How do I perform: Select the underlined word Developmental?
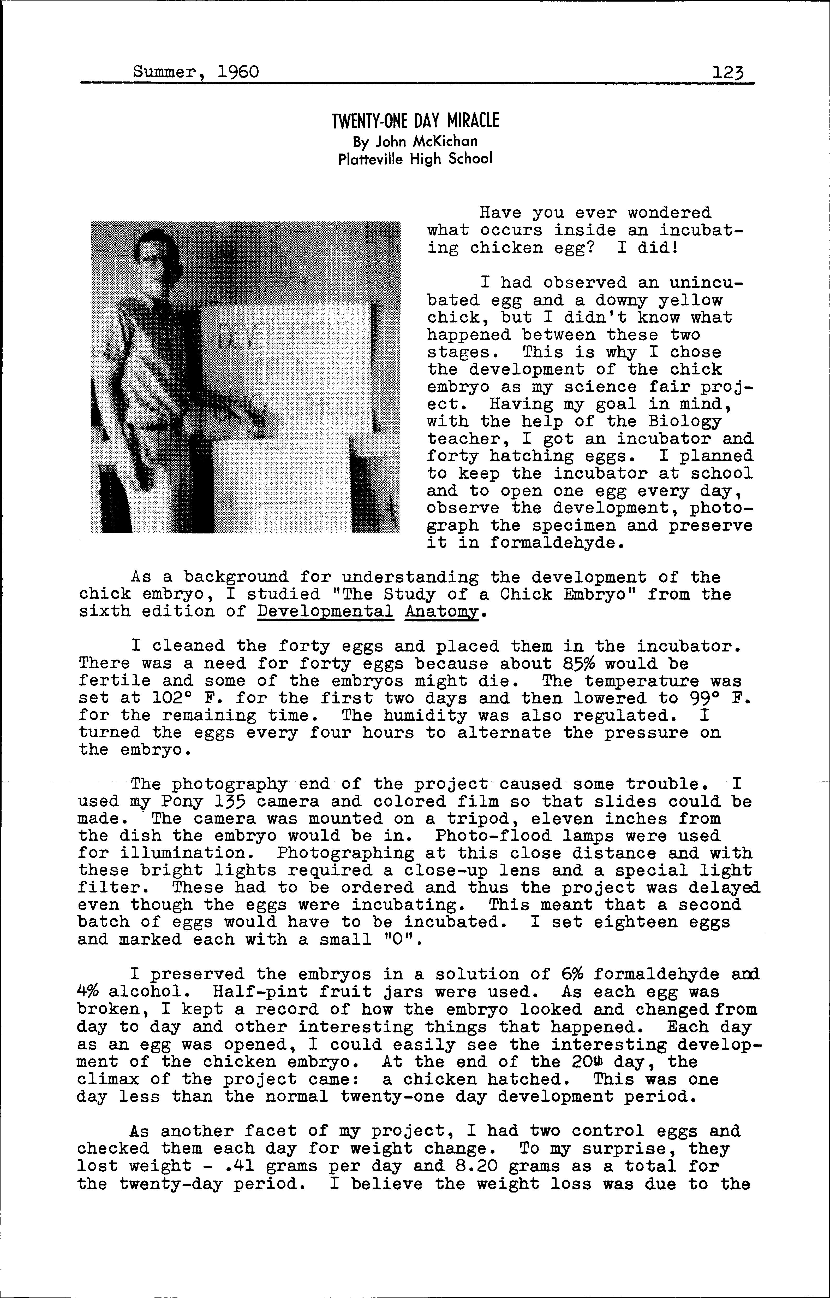click(x=326, y=612)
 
